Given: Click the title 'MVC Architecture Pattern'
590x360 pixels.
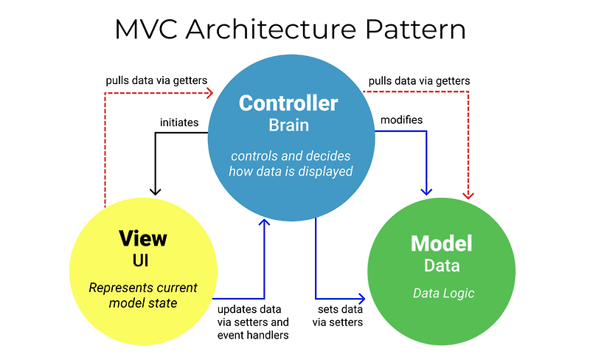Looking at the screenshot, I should [x=291, y=30].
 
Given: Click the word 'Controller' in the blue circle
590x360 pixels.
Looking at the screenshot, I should [x=288, y=103].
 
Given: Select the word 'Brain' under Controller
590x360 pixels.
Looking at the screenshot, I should [x=288, y=125].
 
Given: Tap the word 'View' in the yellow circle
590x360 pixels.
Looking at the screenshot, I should [x=142, y=239].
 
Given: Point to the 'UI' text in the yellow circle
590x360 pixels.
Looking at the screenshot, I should [x=142, y=260].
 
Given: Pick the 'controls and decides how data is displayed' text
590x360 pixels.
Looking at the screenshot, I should [x=291, y=164].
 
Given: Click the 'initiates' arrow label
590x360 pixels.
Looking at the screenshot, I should [x=178, y=122].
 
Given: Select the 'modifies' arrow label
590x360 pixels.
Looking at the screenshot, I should [x=401, y=120].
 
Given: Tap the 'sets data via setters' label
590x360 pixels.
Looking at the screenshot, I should [x=339, y=316].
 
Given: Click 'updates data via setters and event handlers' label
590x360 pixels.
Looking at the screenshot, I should [x=253, y=322].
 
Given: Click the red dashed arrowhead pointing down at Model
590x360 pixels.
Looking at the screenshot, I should [x=469, y=195].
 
